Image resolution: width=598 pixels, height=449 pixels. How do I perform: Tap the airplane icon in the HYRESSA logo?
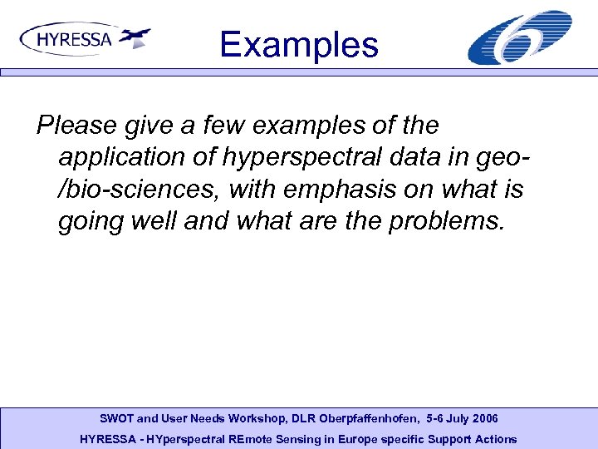point(135,37)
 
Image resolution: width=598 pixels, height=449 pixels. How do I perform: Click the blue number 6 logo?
point(520,38)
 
